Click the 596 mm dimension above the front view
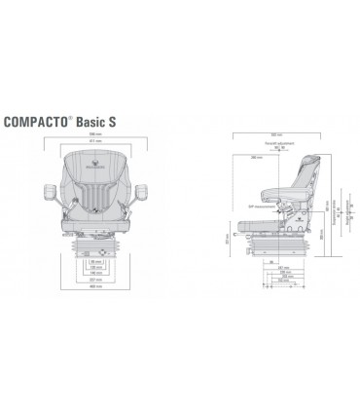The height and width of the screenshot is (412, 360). [x=94, y=136]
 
